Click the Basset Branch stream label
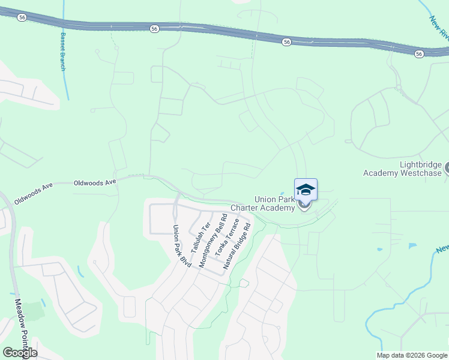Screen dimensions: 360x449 (x=62, y=52)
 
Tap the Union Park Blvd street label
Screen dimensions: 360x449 (x=181, y=246)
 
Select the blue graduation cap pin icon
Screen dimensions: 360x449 (x=306, y=190)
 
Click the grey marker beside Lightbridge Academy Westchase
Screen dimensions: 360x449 (x=447, y=169)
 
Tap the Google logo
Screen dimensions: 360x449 (x=20, y=353)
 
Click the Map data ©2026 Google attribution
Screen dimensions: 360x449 (x=412, y=355)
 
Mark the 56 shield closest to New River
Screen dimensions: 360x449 (x=419, y=54)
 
